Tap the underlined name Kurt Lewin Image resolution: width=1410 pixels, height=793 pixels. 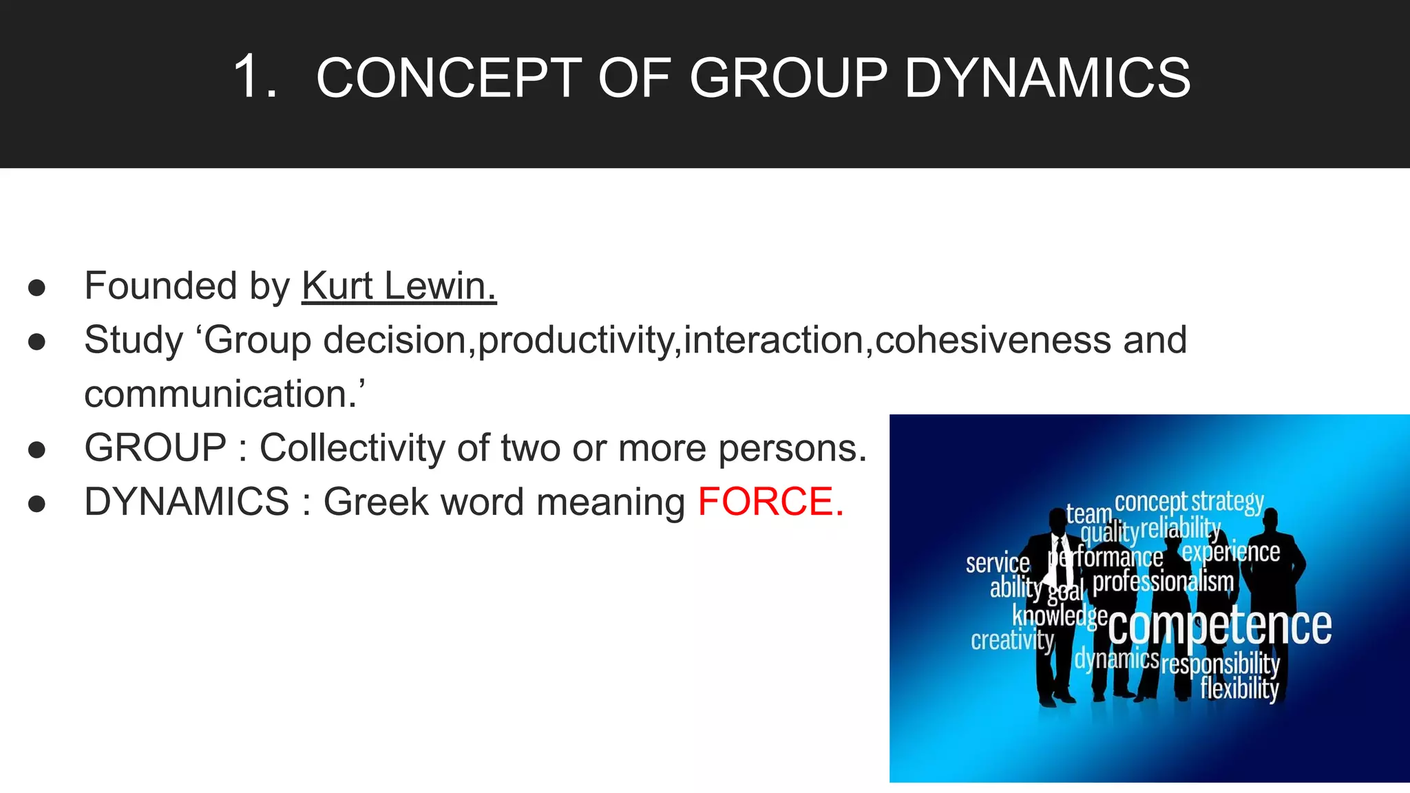click(399, 286)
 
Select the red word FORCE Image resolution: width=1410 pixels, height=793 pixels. click(770, 501)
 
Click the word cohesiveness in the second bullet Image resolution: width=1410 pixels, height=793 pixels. click(993, 340)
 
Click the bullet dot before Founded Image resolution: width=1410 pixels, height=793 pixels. click(37, 288)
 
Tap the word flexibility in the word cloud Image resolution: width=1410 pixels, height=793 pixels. click(1239, 688)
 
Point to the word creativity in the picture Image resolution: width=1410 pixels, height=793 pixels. click(1012, 640)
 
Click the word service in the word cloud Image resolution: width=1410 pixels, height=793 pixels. click(998, 563)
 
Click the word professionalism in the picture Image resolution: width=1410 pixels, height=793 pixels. click(1164, 582)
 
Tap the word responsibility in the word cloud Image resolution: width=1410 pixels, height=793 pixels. click(1220, 664)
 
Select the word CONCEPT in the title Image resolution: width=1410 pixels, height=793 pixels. click(449, 77)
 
